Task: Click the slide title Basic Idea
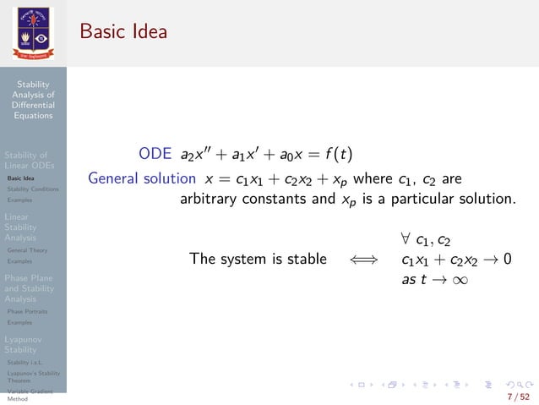(x=123, y=32)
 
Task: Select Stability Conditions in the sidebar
(x=32, y=189)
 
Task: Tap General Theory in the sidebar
(x=27, y=250)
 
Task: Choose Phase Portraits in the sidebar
(x=26, y=311)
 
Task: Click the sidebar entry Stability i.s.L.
(x=24, y=362)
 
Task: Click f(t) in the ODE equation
(x=340, y=155)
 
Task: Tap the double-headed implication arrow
(x=365, y=260)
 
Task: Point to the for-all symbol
(x=406, y=239)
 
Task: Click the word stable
(x=306, y=259)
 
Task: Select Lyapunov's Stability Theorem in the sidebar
(x=32, y=376)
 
